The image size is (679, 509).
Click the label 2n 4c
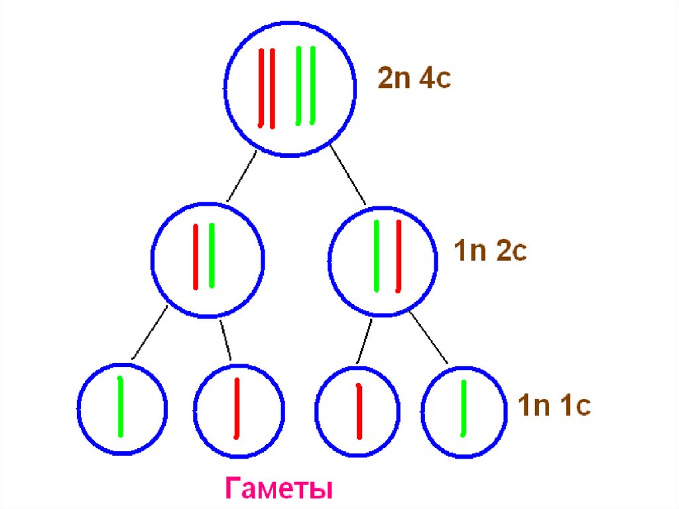[x=414, y=78]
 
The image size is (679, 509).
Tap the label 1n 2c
[x=490, y=252]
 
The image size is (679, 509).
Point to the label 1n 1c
[x=554, y=405]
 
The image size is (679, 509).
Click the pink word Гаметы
[x=278, y=490]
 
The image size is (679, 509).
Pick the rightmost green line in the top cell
[x=312, y=85]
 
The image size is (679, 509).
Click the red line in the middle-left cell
[x=196, y=257]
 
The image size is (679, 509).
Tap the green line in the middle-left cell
[x=212, y=255]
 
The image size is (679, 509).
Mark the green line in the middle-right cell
[x=377, y=255]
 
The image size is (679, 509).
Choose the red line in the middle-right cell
[x=399, y=255]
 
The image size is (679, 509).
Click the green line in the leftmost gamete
[x=120, y=406]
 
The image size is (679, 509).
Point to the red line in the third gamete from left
[x=359, y=411]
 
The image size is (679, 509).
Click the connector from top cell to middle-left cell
[x=241, y=176]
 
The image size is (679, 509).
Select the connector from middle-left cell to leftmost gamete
[x=149, y=334]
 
